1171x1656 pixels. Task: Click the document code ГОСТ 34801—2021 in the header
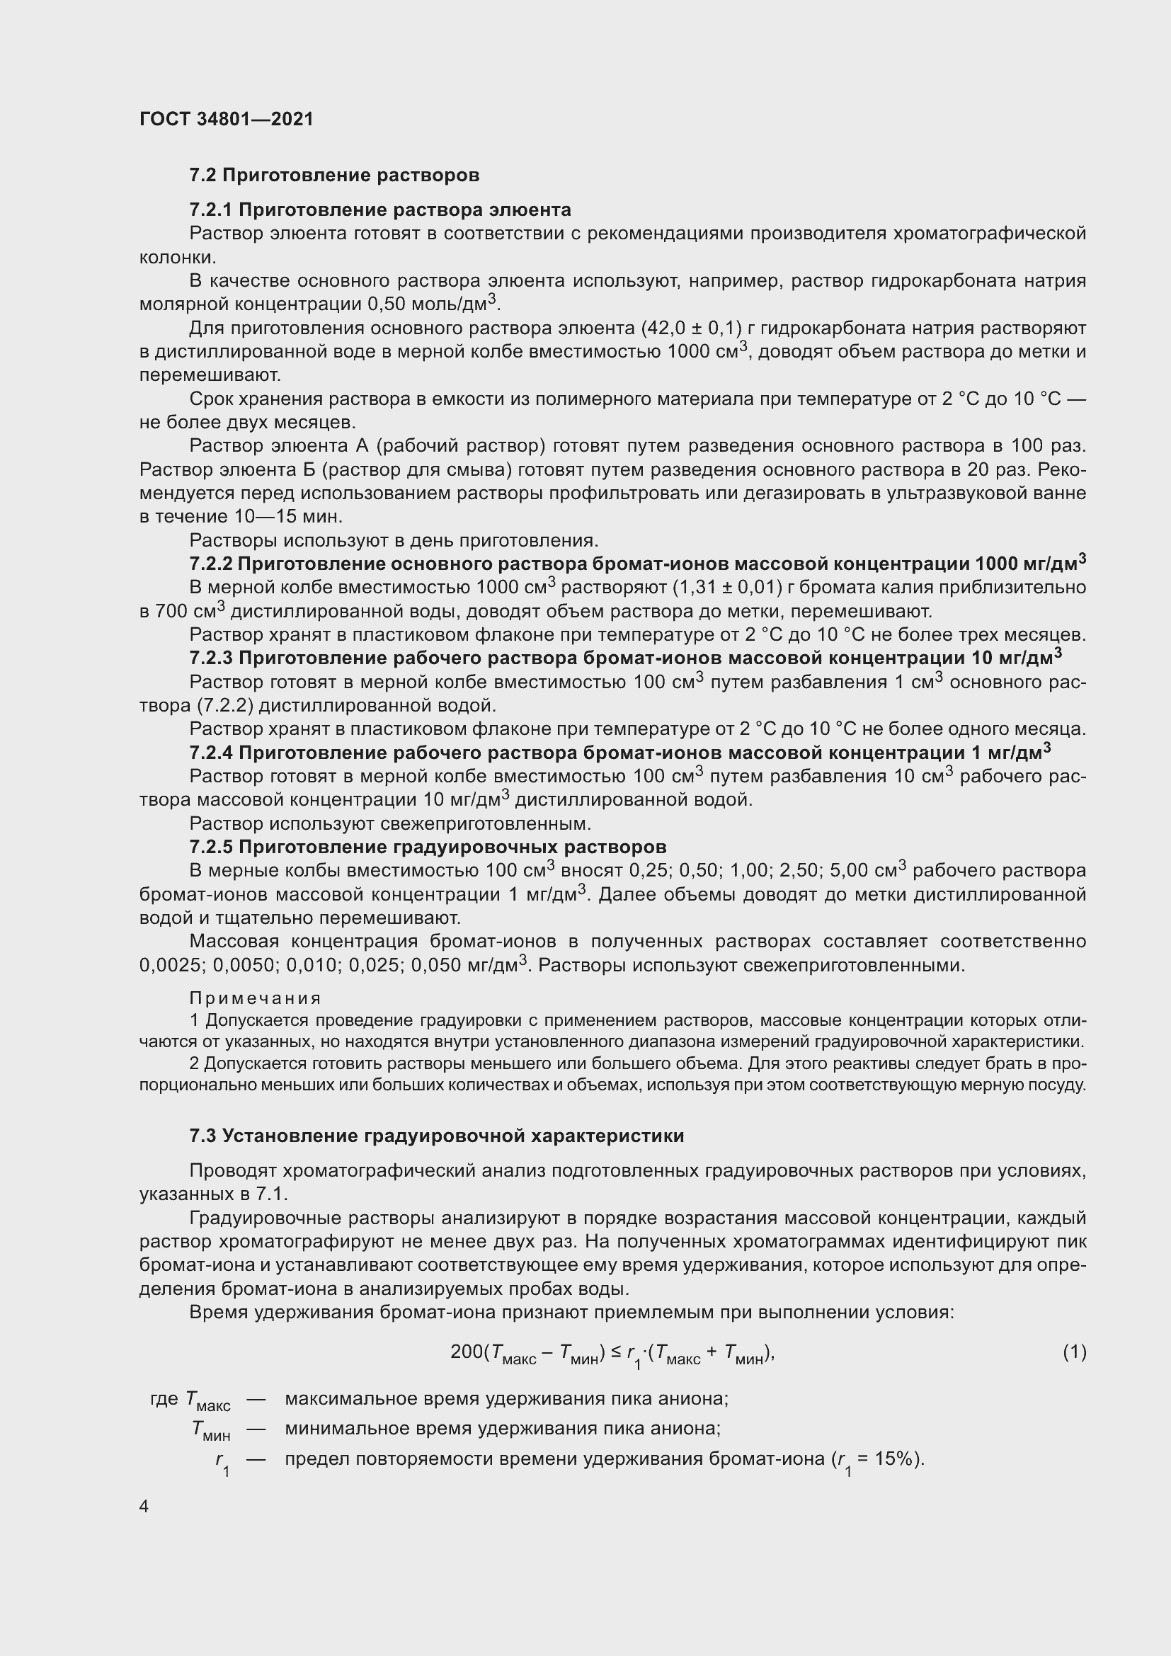tap(227, 119)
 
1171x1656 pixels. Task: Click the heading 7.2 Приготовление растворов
tap(335, 176)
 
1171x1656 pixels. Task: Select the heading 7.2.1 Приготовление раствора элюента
tap(380, 210)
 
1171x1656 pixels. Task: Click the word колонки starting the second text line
tap(178, 258)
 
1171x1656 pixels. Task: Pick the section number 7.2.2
tap(210, 564)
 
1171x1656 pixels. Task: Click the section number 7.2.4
tap(210, 753)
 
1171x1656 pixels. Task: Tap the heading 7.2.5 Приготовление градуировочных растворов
tap(428, 847)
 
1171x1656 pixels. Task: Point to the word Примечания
tap(256, 998)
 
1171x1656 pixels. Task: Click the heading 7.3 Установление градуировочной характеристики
tap(436, 1136)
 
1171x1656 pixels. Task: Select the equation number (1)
tap(1074, 1352)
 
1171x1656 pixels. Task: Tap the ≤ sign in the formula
tap(616, 1352)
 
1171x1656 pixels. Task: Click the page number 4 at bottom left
tap(144, 1507)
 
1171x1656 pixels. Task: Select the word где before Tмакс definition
tap(164, 1399)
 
